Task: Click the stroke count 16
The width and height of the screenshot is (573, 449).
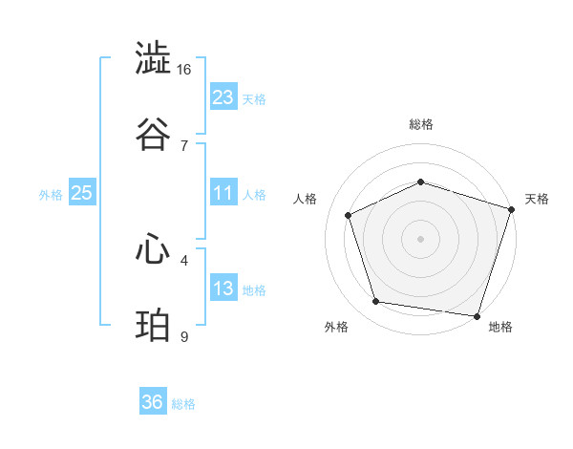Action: point(184,70)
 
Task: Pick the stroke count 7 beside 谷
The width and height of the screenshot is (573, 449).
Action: point(184,145)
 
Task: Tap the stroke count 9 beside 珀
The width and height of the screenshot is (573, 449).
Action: point(184,336)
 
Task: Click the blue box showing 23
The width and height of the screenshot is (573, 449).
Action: point(223,97)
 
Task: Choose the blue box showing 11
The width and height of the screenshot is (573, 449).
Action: point(223,193)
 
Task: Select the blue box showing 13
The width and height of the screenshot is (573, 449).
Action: point(223,289)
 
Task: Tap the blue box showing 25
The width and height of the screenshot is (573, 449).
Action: point(82,193)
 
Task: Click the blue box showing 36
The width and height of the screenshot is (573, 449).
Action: point(153,402)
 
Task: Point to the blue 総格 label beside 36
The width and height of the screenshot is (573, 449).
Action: point(183,404)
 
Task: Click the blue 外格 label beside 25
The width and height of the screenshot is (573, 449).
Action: point(51,195)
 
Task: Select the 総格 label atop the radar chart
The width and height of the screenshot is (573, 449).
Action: point(421,124)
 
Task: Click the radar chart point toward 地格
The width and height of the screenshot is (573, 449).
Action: point(477,315)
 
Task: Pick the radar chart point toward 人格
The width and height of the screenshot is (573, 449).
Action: point(350,216)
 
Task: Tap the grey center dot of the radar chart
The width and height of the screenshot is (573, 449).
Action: point(421,239)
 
